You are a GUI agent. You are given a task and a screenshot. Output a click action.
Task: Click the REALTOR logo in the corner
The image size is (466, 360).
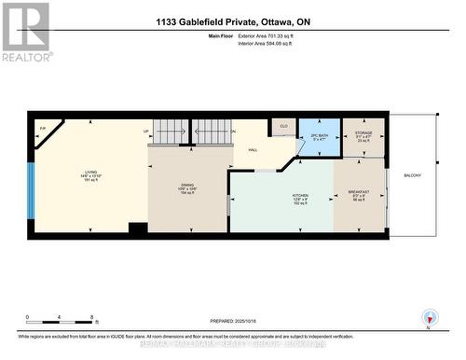[25, 31]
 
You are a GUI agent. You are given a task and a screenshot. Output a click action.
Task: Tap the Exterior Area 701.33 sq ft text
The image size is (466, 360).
[271, 35]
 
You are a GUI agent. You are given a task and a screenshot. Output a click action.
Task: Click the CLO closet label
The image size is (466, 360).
[283, 126]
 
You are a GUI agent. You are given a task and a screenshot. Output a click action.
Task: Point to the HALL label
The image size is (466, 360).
[253, 151]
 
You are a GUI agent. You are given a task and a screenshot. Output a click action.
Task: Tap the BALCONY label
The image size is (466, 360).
[412, 175]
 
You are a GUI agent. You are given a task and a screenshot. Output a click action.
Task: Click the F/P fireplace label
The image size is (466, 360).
[43, 128]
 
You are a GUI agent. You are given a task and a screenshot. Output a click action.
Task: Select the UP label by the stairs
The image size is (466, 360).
[146, 132]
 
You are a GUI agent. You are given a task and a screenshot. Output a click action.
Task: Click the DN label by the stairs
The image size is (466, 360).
[233, 132]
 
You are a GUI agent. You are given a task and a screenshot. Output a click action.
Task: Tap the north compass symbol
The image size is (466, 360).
[429, 317]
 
